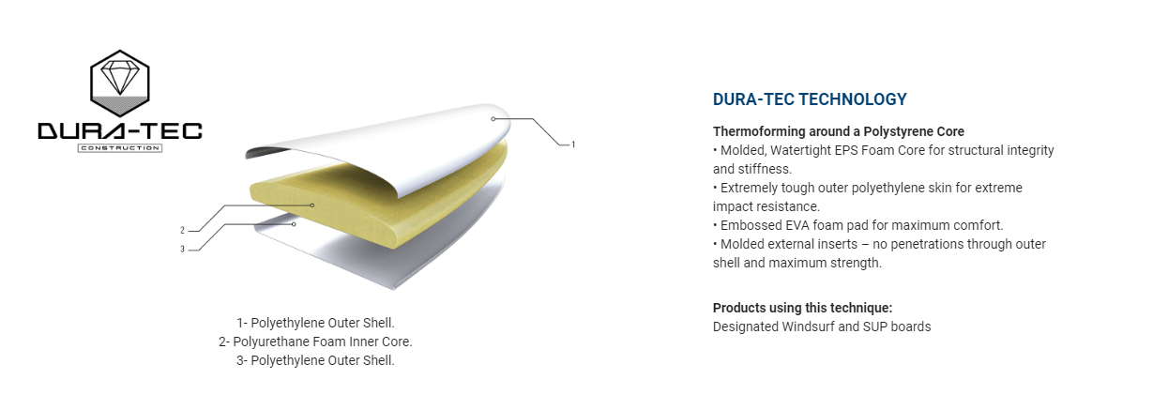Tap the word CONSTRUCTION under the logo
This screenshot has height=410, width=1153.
point(120,148)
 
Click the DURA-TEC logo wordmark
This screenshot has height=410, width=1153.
point(120,131)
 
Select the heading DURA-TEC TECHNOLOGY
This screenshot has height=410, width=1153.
point(810,99)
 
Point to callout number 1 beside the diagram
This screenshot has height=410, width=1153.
point(573,144)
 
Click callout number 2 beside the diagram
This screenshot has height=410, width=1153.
point(182,230)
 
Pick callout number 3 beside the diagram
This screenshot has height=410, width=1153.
point(182,250)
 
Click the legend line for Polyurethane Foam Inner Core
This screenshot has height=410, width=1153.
point(315,342)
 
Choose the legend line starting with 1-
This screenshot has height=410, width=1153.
point(315,323)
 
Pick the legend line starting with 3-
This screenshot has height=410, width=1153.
point(315,360)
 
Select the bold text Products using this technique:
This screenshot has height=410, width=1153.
point(802,308)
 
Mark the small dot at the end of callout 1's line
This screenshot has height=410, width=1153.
point(493,119)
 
